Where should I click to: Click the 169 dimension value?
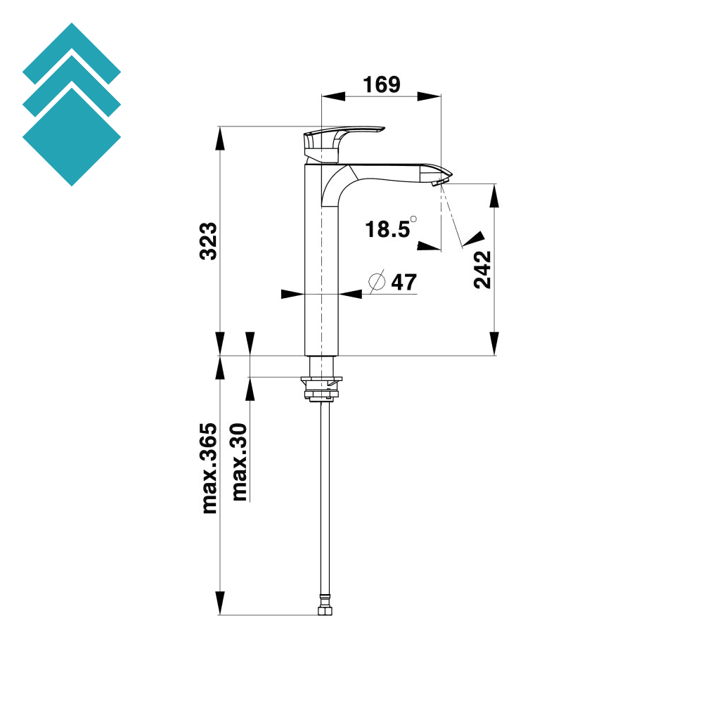(x=381, y=84)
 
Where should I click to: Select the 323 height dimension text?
(x=209, y=241)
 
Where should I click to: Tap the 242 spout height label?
(x=482, y=269)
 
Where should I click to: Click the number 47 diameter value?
(x=404, y=282)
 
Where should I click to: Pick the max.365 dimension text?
(x=209, y=469)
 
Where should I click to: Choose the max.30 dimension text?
(x=240, y=462)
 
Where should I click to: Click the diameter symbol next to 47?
(x=378, y=282)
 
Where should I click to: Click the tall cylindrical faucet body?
(x=321, y=281)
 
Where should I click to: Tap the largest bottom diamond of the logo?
(x=72, y=137)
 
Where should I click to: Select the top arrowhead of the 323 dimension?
(x=219, y=138)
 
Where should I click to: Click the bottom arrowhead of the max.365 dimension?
(x=219, y=603)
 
